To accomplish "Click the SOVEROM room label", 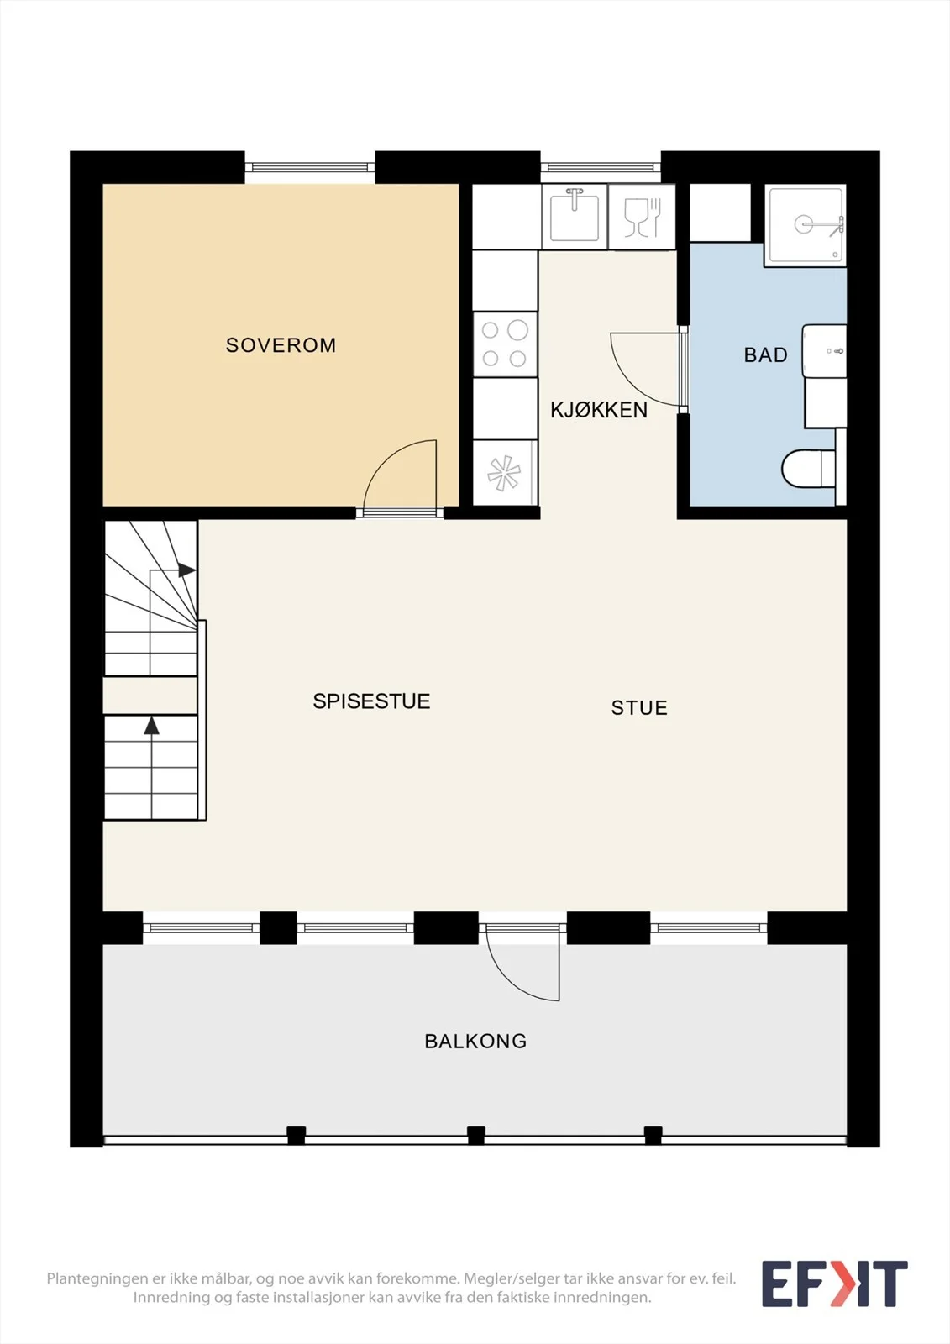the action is [281, 345].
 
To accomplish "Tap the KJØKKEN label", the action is [599, 410].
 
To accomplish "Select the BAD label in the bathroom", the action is [766, 354].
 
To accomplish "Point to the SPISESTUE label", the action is [371, 701].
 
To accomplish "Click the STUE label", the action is [639, 708].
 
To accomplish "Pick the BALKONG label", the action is [475, 1041].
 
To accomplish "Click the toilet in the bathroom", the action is [808, 469].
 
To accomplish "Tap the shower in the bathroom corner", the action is [806, 225].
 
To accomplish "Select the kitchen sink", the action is [575, 216].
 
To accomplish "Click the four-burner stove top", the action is [505, 344].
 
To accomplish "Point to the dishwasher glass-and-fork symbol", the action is [642, 217].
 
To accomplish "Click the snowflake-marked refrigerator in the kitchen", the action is [505, 473].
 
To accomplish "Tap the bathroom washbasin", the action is [825, 351].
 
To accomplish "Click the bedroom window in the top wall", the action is [310, 167].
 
